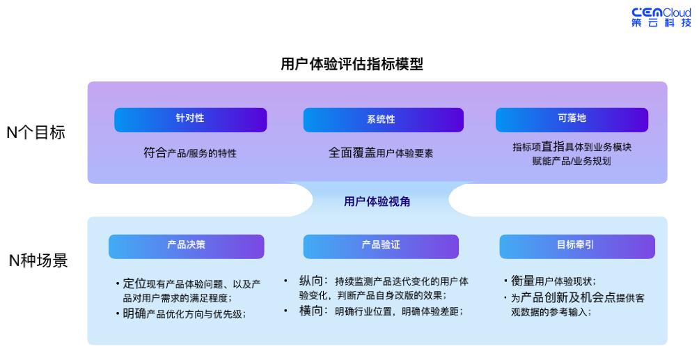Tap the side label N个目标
[x=36, y=132]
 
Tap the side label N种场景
[x=36, y=262]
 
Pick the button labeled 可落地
[x=572, y=119]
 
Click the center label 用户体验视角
[x=377, y=201]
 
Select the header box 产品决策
[x=186, y=246]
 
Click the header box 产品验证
[x=381, y=246]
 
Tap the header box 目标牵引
[x=576, y=246]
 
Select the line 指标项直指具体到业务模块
[x=572, y=147]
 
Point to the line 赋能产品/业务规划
[x=572, y=161]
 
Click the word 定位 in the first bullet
[x=134, y=284]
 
